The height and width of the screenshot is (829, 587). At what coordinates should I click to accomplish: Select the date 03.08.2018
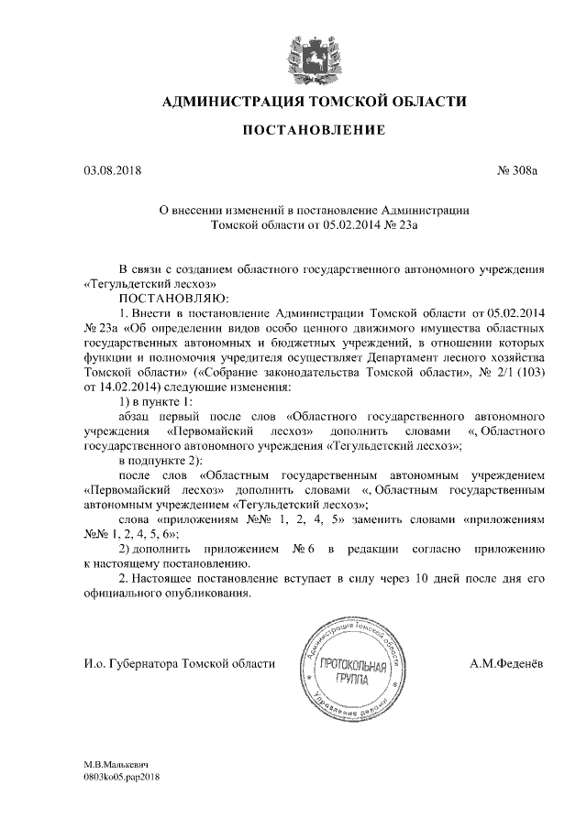108,170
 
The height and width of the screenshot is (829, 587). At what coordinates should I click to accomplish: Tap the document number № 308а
517,170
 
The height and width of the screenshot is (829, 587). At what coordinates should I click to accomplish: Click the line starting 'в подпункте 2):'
161,460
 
